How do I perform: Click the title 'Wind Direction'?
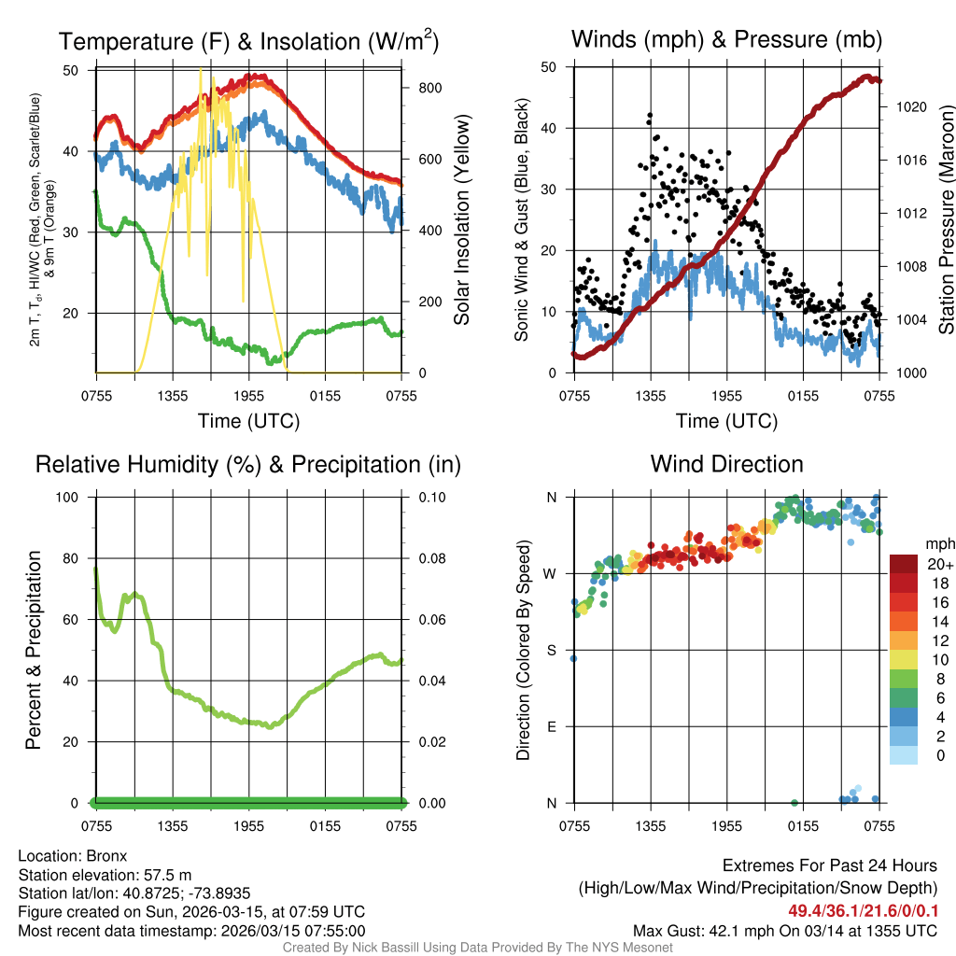click(x=726, y=464)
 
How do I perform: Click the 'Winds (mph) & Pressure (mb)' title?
click(x=726, y=39)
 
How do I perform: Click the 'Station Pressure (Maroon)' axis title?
click(x=945, y=219)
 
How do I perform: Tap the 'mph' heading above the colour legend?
click(x=938, y=543)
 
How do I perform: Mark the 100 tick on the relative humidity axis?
click(x=71, y=497)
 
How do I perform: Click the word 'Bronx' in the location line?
click(x=106, y=855)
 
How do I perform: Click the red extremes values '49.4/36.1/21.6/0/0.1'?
click(x=863, y=911)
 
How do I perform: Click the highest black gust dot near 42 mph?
click(x=650, y=115)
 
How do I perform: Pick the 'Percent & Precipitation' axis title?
click(x=34, y=650)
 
